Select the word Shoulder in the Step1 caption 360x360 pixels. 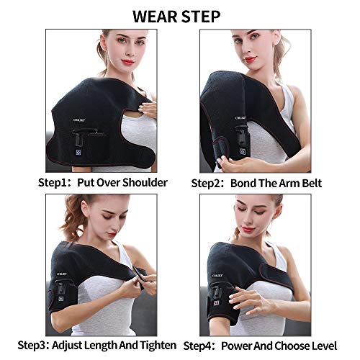(x=144, y=182)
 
